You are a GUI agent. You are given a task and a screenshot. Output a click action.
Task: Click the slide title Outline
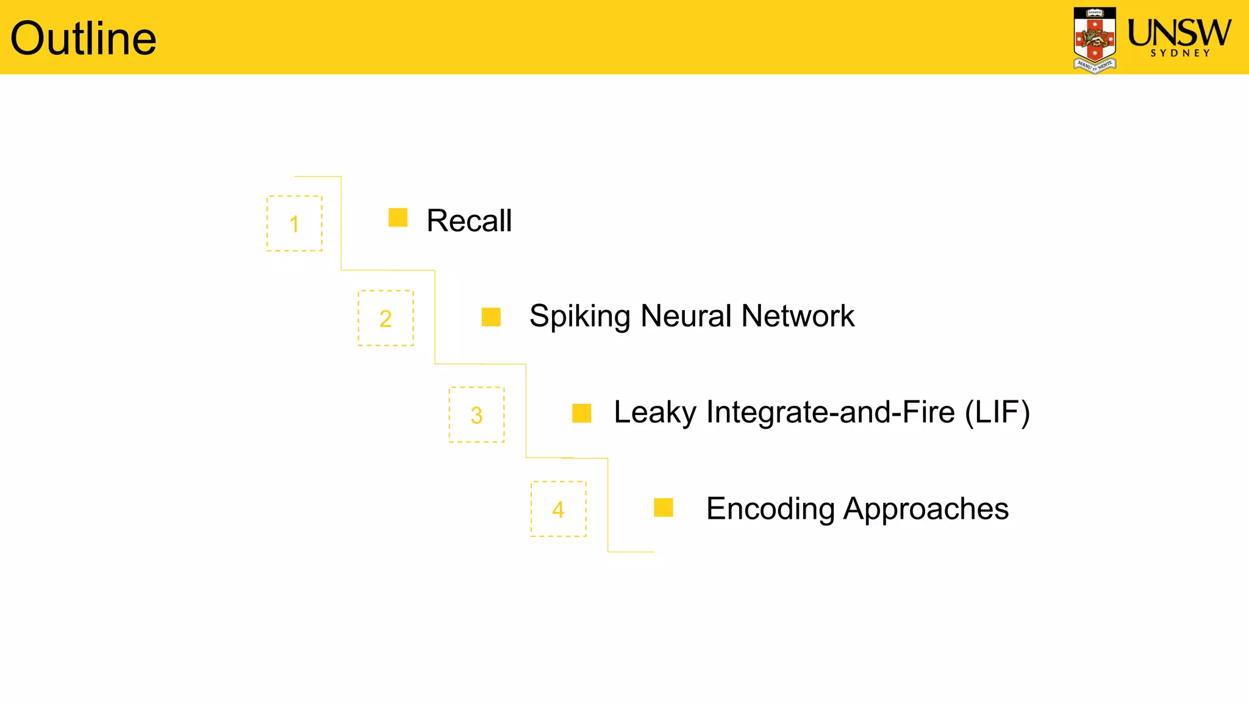coord(84,38)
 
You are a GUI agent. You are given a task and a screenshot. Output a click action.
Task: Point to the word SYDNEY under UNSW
coord(1180,54)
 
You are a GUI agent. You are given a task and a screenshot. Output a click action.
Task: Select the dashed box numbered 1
coord(295,223)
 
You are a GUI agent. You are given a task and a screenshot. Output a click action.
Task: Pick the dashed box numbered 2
coord(385,318)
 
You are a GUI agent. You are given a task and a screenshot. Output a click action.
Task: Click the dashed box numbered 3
coord(476,414)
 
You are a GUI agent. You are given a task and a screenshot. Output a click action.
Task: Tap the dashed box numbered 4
coord(558,509)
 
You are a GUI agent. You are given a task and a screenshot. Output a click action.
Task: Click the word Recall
coord(469,220)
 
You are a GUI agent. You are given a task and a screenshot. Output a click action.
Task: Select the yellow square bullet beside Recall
coord(398,217)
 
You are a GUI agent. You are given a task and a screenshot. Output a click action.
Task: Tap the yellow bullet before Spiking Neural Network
coord(491,317)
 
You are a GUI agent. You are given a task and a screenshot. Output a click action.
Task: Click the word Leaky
coord(655,413)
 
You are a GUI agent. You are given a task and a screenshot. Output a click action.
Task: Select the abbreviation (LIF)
coord(997,412)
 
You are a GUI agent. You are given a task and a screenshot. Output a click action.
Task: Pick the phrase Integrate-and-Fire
coord(830,412)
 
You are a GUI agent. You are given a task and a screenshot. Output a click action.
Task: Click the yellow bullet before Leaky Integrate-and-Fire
coord(582,413)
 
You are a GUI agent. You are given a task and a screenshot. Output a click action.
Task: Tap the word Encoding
coord(770,508)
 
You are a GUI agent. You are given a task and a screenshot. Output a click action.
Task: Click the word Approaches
coord(926,509)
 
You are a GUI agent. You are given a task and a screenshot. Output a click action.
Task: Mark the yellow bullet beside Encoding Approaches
coord(664,507)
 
